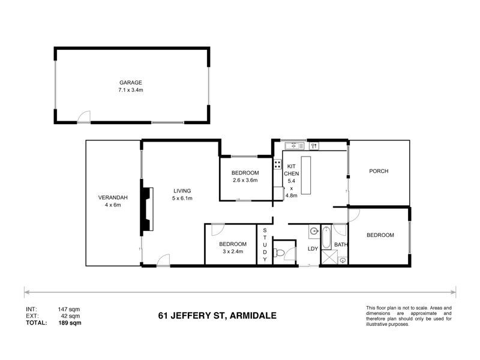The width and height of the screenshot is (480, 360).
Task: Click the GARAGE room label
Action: tap(130, 82)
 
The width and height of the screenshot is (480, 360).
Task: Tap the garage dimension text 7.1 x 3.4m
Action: tap(130, 90)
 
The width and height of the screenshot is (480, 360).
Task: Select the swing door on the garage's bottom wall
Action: tap(86, 117)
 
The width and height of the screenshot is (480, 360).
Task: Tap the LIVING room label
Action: tap(182, 191)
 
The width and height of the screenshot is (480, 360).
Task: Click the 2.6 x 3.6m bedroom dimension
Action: tap(244, 180)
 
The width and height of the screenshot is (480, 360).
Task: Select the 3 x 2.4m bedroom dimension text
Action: tap(232, 252)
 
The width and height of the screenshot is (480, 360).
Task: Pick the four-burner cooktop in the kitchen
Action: tap(278, 164)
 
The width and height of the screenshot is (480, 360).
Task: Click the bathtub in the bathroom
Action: tap(326, 238)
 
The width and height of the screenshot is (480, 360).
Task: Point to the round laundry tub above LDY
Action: tap(314, 232)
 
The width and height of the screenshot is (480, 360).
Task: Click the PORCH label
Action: tap(379, 171)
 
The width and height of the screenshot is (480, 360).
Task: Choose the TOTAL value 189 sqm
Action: tap(70, 322)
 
